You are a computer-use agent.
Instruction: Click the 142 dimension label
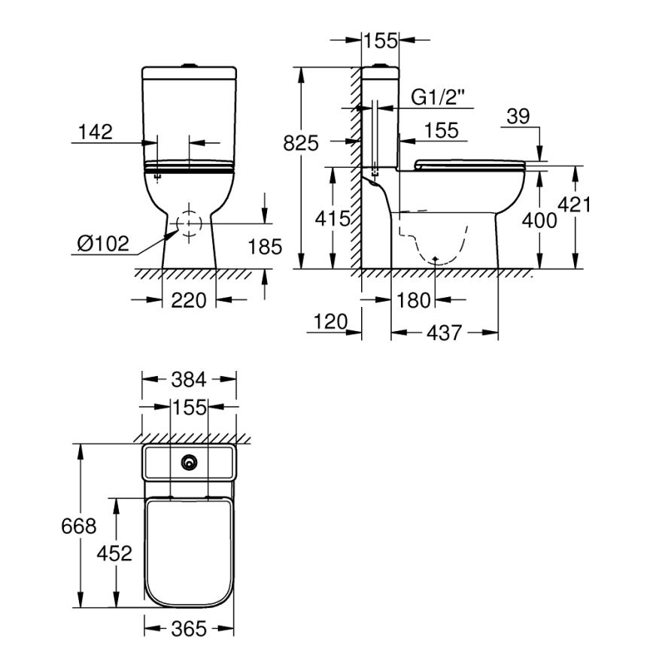pos(96,132)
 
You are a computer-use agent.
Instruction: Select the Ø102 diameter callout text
pos(102,244)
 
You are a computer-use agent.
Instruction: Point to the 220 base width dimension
pos(189,300)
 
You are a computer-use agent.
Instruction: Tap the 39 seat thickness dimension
pos(518,117)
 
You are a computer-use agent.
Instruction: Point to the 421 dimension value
pos(576,205)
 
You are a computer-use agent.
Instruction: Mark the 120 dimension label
pos(328,323)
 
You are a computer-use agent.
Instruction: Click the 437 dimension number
pos(444,333)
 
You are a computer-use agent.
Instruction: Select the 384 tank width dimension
pos(189,379)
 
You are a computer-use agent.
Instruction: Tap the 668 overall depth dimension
pos(78,526)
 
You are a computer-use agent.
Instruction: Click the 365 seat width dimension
pos(189,629)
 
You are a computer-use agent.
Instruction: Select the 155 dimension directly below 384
pos(189,408)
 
